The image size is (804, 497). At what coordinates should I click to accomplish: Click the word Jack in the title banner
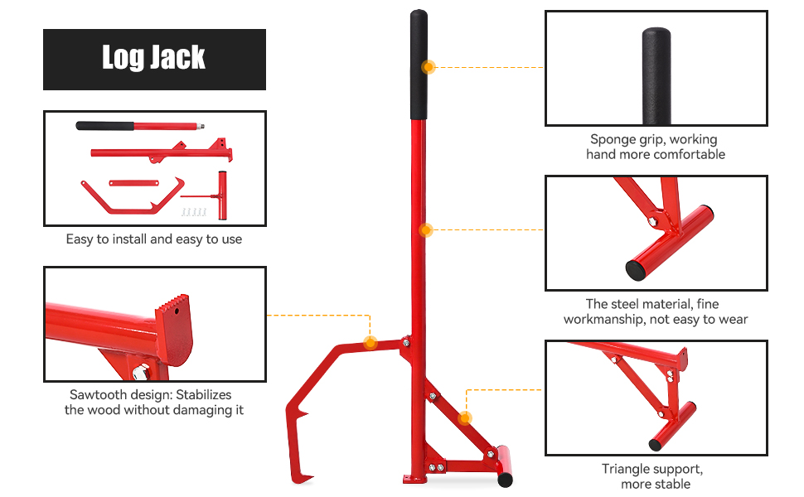(177, 57)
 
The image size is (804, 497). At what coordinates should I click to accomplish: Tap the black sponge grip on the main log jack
(419, 65)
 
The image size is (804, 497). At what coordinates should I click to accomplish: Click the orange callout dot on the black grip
(429, 67)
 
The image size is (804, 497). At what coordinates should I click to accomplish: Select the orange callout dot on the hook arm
(370, 342)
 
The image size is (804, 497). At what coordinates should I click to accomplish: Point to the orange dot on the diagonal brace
(464, 418)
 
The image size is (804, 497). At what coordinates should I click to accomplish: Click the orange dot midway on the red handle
(425, 230)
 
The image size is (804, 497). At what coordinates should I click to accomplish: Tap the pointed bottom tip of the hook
(312, 479)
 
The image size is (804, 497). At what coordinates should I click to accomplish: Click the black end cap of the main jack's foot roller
(505, 480)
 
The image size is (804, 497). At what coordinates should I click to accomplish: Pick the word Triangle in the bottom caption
(627, 470)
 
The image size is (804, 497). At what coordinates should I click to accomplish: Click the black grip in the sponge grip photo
(656, 76)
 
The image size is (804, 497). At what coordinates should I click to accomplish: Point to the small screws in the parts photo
(194, 212)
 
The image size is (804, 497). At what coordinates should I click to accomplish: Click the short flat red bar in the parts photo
(133, 183)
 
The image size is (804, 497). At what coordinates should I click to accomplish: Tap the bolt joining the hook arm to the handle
(406, 341)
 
